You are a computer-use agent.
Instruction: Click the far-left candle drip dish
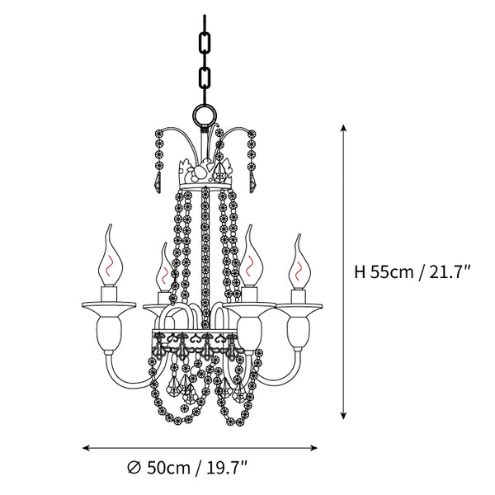(109, 305)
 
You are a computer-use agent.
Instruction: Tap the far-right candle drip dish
(299, 306)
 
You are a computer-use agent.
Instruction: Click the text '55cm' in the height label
(391, 271)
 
